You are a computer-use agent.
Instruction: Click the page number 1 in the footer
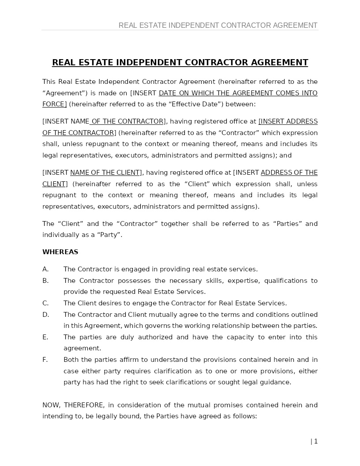click(x=316, y=441)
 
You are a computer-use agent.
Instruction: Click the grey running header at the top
click(x=218, y=26)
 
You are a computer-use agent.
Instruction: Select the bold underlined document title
click(x=180, y=63)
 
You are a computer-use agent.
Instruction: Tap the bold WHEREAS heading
click(x=60, y=252)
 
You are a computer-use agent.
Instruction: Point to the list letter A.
click(x=45, y=269)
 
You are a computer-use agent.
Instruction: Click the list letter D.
click(x=45, y=315)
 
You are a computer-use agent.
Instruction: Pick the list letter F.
click(x=45, y=360)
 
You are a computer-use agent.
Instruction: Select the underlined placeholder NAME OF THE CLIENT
click(x=105, y=173)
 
